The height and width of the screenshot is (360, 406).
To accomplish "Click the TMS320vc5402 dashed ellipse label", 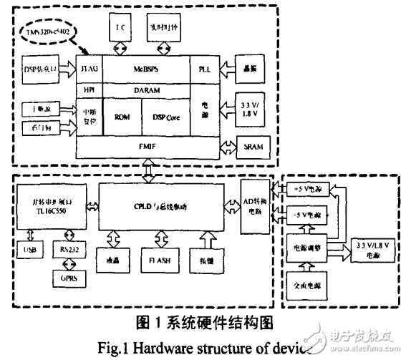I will click(x=50, y=34).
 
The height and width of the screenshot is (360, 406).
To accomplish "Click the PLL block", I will click(x=204, y=69).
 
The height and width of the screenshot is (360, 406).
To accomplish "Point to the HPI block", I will click(x=90, y=91).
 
